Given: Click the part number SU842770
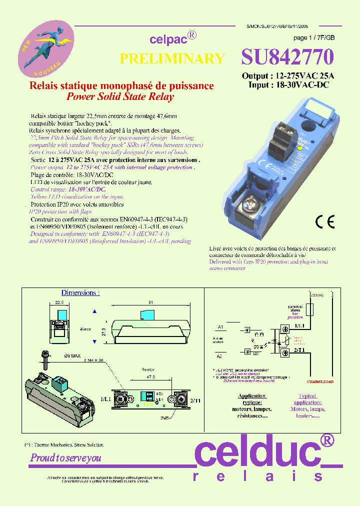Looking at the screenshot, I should click(287, 57).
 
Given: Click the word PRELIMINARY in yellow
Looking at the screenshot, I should click(172, 58).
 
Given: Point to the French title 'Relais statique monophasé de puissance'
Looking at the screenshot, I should click(122, 86).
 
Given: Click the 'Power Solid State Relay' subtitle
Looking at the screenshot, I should click(120, 97).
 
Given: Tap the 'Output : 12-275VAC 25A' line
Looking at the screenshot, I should click(288, 76).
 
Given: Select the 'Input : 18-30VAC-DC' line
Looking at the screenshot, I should click(288, 85).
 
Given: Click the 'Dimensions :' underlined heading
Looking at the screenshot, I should click(80, 292).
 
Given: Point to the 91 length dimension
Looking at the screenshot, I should click(150, 302).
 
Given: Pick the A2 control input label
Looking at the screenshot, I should click(220, 356).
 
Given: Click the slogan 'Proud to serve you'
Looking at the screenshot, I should click(66, 458).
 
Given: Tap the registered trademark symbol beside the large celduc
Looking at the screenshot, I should click(326, 439).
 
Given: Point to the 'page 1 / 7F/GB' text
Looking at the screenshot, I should click(314, 38).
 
